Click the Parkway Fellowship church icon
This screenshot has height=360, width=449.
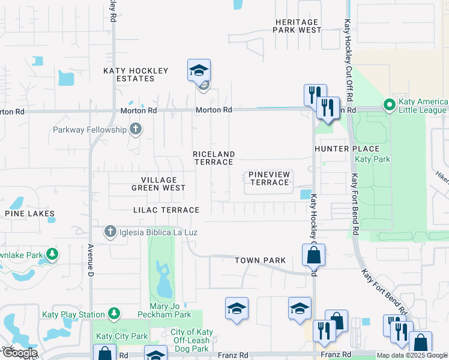[136, 129]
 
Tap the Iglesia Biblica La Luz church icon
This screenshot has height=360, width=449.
[110, 232]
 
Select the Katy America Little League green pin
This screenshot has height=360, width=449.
[389, 106]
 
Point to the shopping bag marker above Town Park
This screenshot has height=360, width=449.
[313, 255]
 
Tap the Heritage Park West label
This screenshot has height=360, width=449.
[298, 26]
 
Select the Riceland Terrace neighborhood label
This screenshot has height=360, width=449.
[213, 158]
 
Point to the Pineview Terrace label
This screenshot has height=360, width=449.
[270, 178]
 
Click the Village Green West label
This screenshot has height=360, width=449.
[158, 184]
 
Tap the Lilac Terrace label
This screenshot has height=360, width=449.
[166, 210]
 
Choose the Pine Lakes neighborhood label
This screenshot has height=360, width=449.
[29, 214]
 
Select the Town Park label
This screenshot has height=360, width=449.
[260, 260]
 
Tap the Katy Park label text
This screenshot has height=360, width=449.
[372, 159]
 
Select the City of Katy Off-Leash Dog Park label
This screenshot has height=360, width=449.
[191, 340]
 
